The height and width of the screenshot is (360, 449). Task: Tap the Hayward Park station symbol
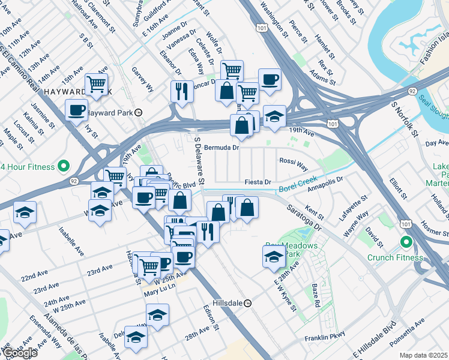click(138, 112)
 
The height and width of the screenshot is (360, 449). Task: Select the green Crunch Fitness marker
click(406, 242)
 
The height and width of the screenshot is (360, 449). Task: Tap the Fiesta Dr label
click(258, 182)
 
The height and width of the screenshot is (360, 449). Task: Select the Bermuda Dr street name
click(221, 147)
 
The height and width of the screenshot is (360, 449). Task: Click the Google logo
click(20, 353)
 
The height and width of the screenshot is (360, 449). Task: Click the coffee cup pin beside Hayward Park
click(76, 110)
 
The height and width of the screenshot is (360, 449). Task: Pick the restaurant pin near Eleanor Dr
click(181, 91)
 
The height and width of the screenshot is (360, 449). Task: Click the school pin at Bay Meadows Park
click(274, 256)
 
